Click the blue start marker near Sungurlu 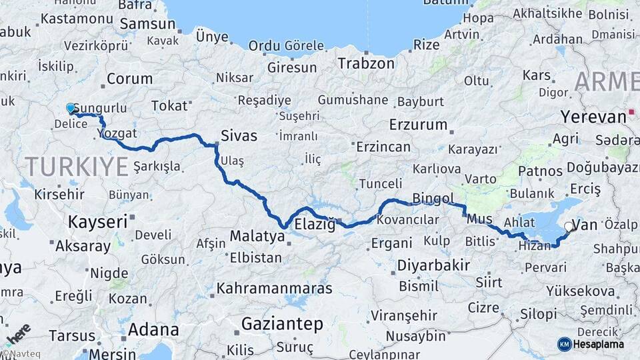tap(71, 108)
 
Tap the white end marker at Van tap(569, 227)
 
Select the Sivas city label tap(239, 136)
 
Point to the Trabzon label tap(366, 63)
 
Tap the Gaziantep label tap(282, 324)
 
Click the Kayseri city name tap(98, 221)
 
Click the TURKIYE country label tap(75, 166)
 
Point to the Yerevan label tap(593, 116)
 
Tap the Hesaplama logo tap(591, 344)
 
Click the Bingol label tap(433, 198)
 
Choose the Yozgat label tap(121, 132)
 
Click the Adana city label tap(153, 329)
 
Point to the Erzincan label tap(383, 146)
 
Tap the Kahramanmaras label tap(274, 289)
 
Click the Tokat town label tap(169, 105)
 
